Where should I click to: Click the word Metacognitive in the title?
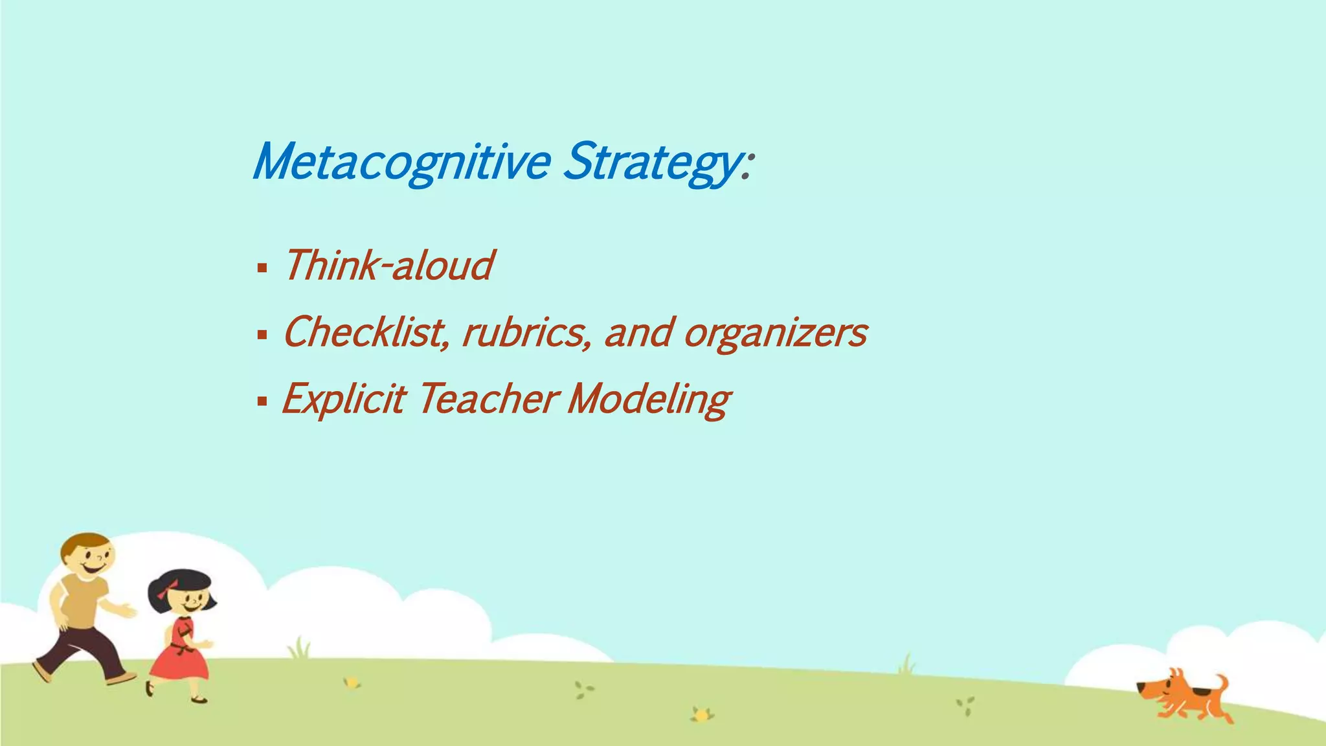pyautogui.click(x=401, y=162)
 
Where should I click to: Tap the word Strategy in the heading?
pyautogui.click(x=650, y=162)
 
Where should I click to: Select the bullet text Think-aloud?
pyautogui.click(x=388, y=266)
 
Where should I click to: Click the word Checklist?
pyautogui.click(x=366, y=332)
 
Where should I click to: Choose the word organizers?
pyautogui.click(x=775, y=333)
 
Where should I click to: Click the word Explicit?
pyautogui.click(x=344, y=399)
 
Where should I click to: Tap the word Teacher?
pyautogui.click(x=487, y=399)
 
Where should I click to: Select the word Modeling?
pyautogui.click(x=649, y=400)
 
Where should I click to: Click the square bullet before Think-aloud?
pyautogui.click(x=262, y=267)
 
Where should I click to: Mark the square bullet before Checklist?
pyautogui.click(x=262, y=334)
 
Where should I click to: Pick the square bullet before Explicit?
pyautogui.click(x=262, y=401)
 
